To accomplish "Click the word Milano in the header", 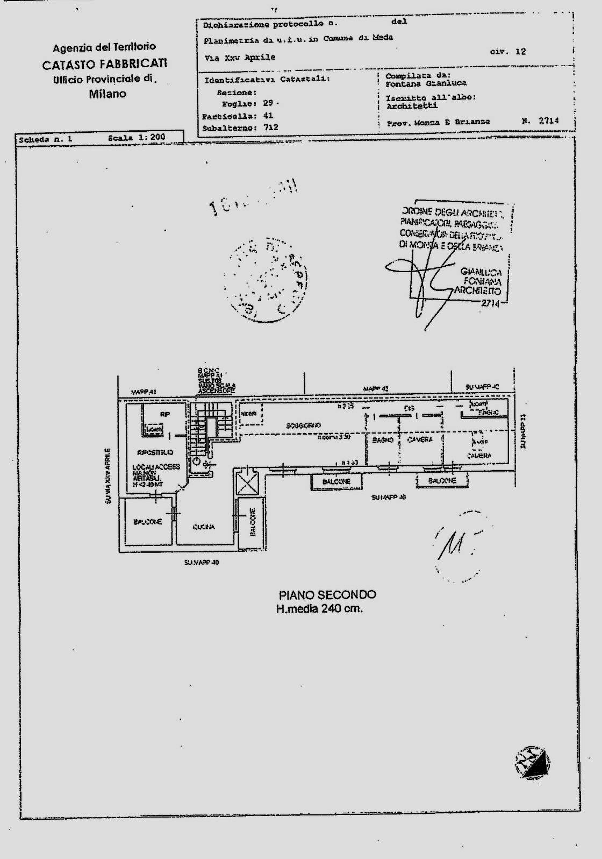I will (x=107, y=94).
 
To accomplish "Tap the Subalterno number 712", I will (x=271, y=128).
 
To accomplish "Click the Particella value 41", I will (x=268, y=116).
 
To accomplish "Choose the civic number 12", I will (x=520, y=52).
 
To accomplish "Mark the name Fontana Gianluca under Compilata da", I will (x=426, y=83).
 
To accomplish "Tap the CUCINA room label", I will (x=204, y=527).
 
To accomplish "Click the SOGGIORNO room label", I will (x=304, y=425).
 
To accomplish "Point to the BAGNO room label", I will (x=383, y=440).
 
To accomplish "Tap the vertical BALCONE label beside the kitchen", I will (x=253, y=522).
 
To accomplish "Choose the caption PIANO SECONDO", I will (x=327, y=595).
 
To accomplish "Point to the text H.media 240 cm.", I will (x=319, y=609).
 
